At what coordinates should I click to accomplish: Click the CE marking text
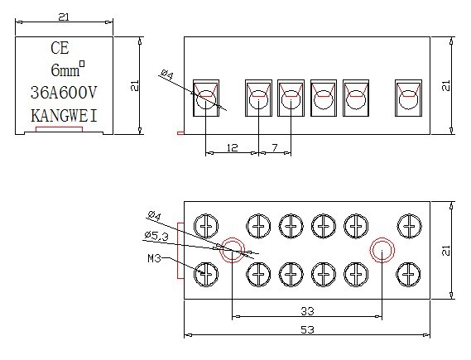pos(60,48)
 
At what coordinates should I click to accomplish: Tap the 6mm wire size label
pos(68,69)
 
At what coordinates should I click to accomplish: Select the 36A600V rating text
pos(64,92)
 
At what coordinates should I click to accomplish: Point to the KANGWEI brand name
pos(64,116)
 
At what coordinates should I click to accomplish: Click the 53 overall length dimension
pos(307,329)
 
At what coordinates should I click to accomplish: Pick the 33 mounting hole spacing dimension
pos(307,311)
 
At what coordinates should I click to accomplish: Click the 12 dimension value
pos(233,147)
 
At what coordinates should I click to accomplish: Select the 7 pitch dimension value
pos(275,147)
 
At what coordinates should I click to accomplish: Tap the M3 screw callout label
pos(155,258)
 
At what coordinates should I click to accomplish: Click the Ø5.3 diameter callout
pos(156,237)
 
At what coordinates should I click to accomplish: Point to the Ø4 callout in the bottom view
pos(155,215)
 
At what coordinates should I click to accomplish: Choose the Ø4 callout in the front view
pos(167,74)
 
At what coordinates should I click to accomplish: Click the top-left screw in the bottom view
pos(206,226)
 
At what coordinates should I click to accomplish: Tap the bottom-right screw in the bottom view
pos(408,275)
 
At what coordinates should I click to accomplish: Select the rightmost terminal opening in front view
pos(409,98)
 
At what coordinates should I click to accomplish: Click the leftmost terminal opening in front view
pos(206,98)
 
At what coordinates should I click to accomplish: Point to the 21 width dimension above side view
pos(64,17)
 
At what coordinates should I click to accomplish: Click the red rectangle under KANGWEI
pos(59,129)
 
